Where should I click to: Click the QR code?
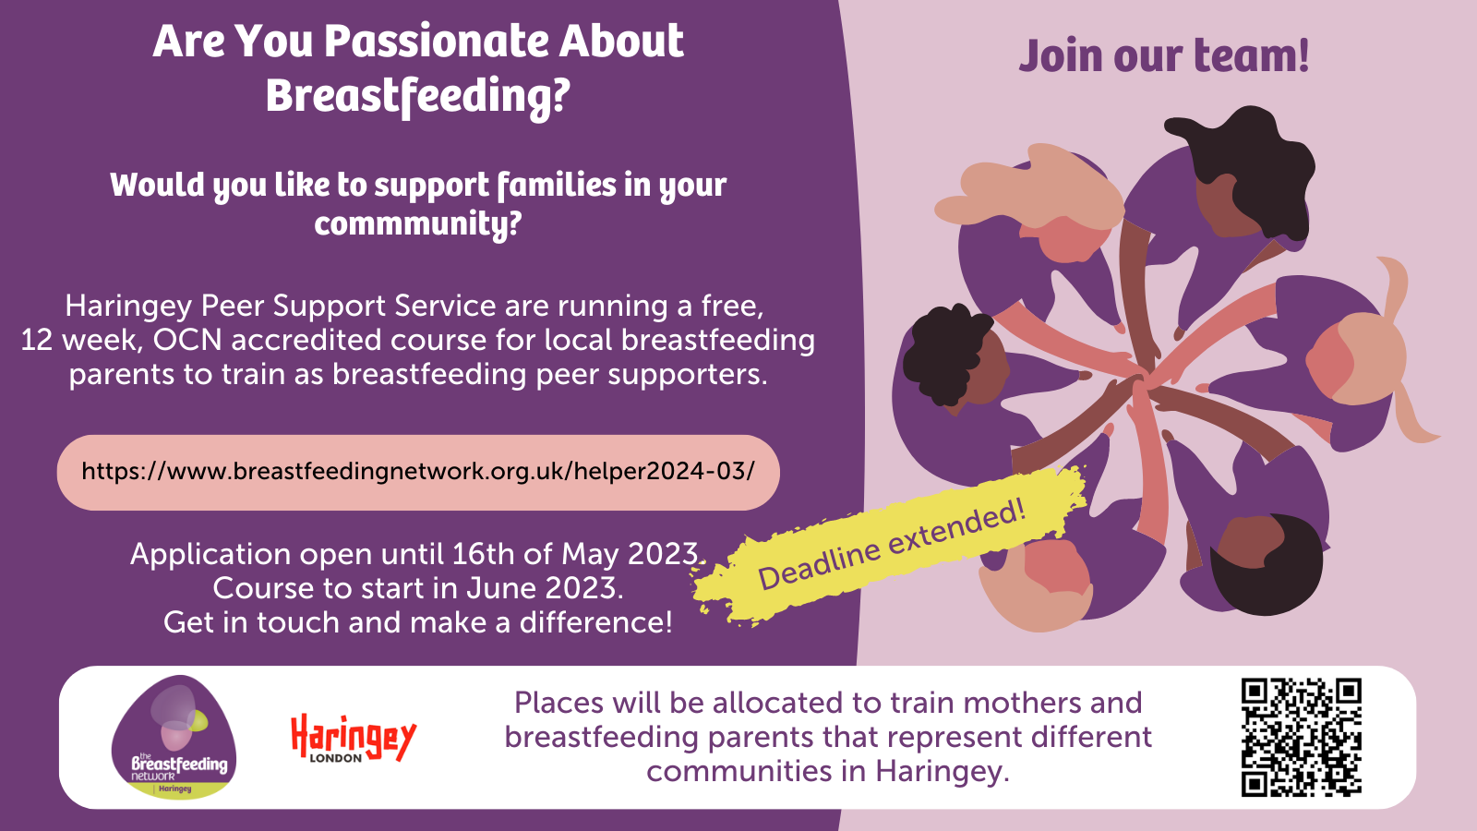(x=1301, y=737)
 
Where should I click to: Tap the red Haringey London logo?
(x=353, y=738)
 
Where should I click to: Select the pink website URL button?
(x=418, y=472)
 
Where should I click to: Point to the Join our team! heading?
(x=1163, y=55)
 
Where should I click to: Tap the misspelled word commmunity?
(x=418, y=224)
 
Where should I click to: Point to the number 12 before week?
(x=37, y=340)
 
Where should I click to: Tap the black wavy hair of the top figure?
(x=1246, y=157)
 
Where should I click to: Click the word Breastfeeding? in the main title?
(x=418, y=96)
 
